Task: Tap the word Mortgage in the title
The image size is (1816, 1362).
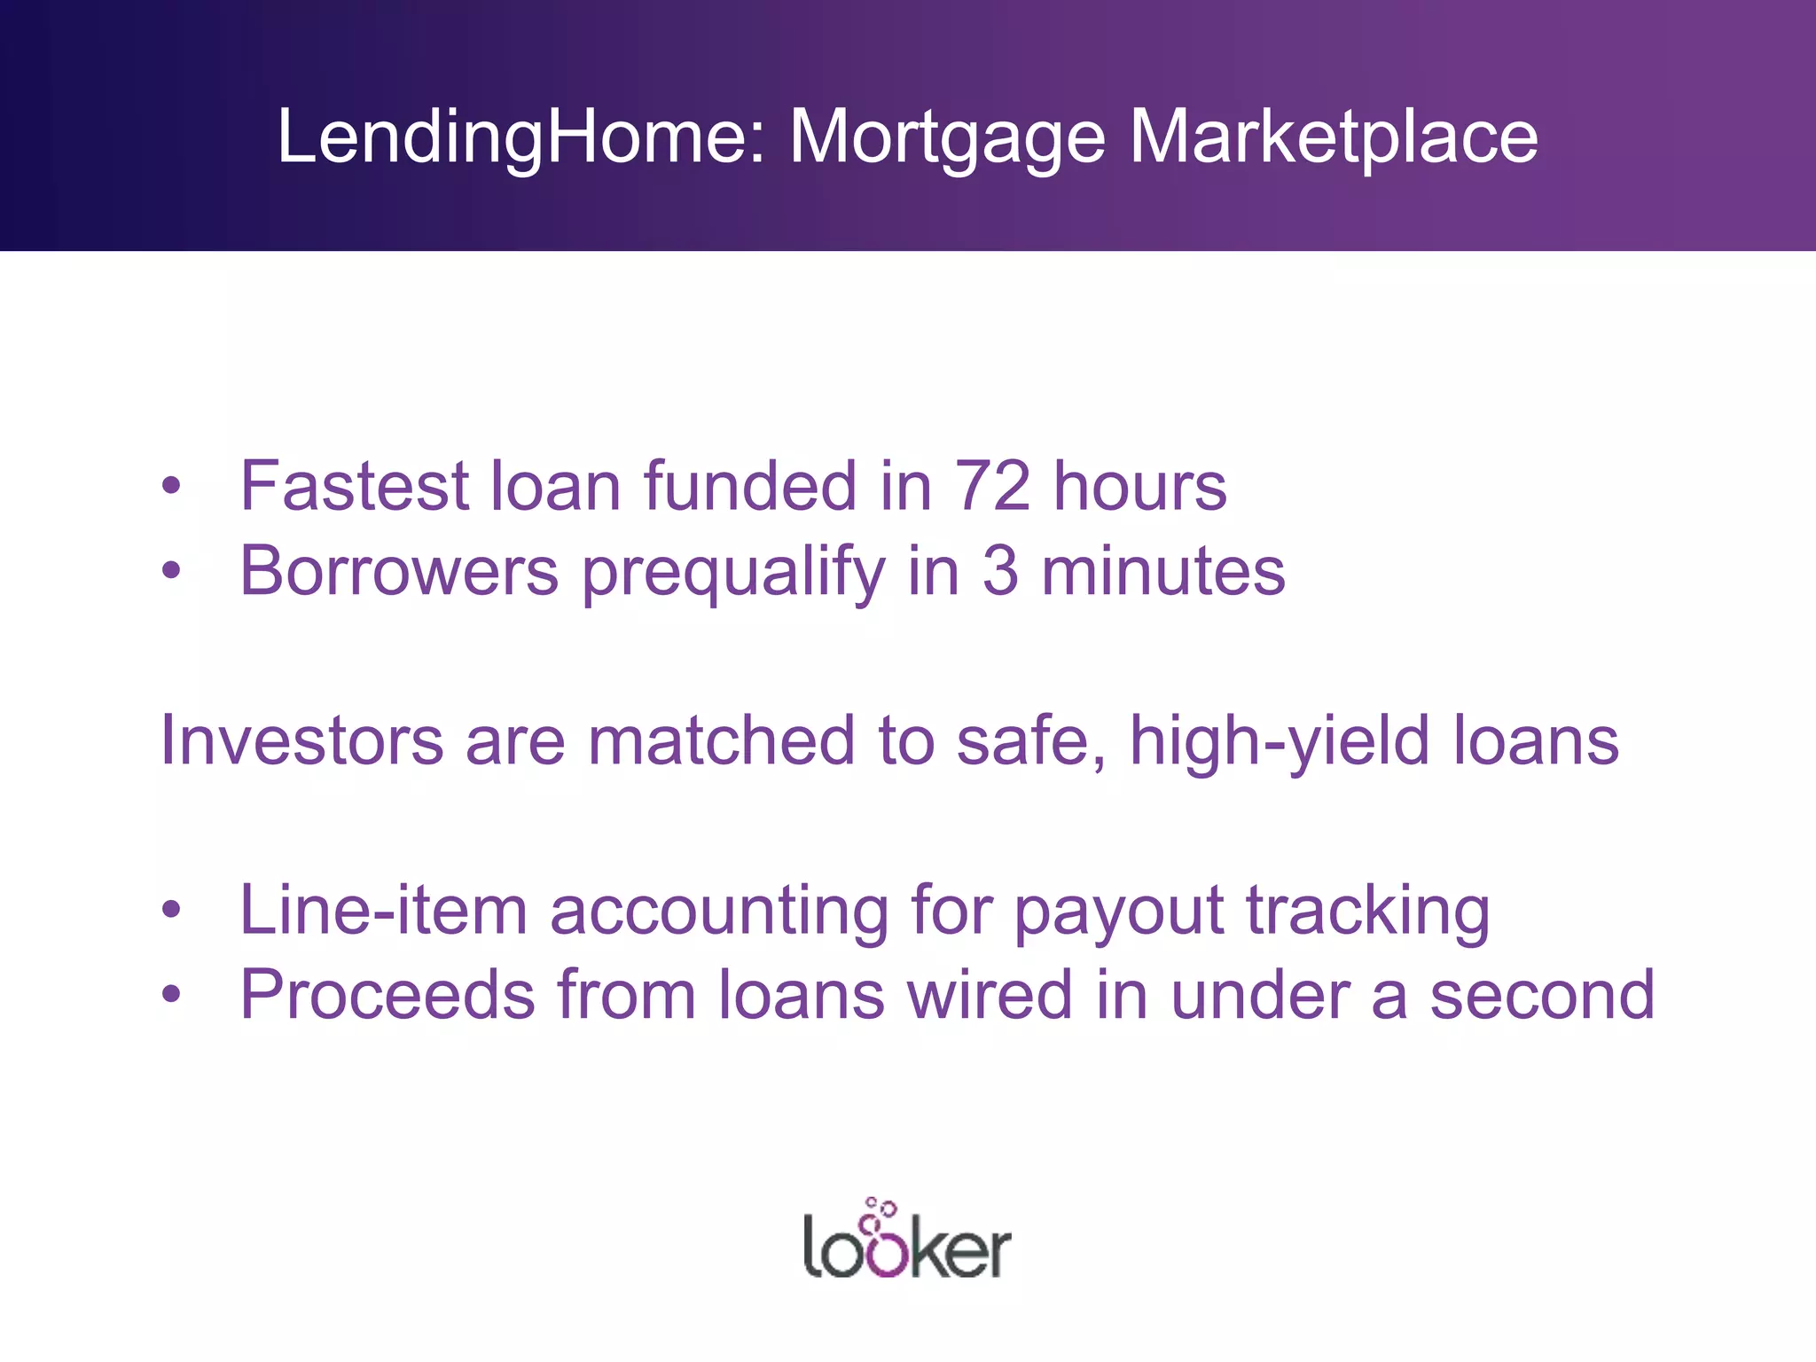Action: (x=947, y=137)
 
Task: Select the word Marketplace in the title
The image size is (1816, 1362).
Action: (x=1334, y=137)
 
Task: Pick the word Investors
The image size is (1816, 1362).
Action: (x=301, y=740)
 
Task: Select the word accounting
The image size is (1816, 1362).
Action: (x=719, y=912)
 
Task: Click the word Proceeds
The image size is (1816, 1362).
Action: (x=387, y=995)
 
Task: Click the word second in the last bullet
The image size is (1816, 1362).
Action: (x=1542, y=995)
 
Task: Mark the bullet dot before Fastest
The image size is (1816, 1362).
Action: (x=171, y=486)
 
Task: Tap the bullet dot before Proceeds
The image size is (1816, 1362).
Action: (x=171, y=995)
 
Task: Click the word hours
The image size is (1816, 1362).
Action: (x=1139, y=486)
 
